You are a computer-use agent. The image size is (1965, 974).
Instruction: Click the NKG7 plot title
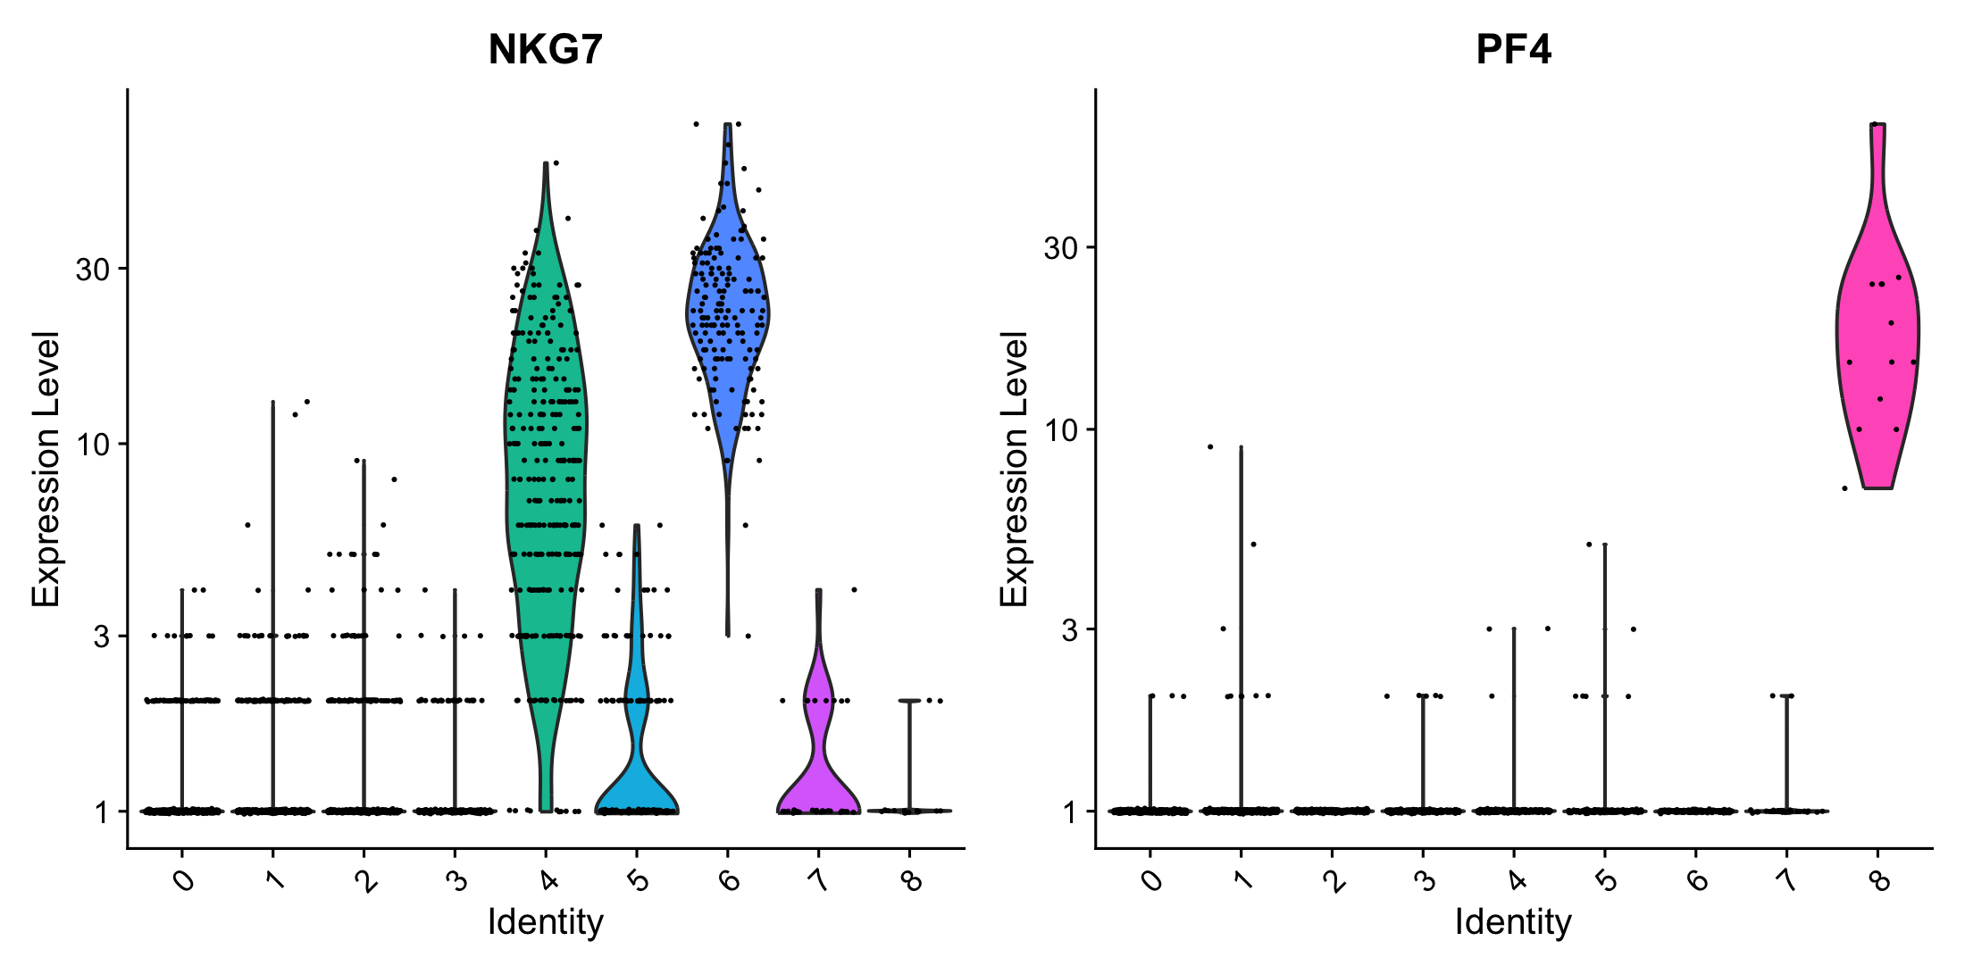tap(545, 50)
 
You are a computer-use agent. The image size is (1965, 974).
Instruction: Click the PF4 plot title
tap(1513, 50)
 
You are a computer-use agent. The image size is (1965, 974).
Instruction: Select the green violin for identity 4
tap(546, 446)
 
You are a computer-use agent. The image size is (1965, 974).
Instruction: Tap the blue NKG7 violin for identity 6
tap(728, 312)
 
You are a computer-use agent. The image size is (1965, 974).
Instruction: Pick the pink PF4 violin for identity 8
tap(1877, 339)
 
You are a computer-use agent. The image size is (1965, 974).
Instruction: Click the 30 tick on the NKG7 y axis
tap(92, 269)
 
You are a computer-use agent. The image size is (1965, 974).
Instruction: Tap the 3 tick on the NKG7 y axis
tap(101, 636)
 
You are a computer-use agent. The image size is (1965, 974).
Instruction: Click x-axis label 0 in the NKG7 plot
tap(183, 882)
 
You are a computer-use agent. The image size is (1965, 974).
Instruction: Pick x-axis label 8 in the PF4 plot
tap(1879, 882)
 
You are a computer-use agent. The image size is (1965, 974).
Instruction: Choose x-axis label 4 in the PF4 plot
tap(1516, 882)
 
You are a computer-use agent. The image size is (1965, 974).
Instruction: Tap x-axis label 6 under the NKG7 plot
tap(730, 882)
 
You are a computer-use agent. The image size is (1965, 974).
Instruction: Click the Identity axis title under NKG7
tap(545, 922)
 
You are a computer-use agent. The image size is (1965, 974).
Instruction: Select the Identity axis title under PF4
tap(1513, 922)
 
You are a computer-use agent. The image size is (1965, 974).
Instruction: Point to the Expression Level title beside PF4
tap(1014, 469)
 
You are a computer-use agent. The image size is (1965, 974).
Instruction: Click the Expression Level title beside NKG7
tap(46, 469)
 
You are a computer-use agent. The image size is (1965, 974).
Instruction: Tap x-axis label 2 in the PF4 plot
tap(1334, 882)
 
